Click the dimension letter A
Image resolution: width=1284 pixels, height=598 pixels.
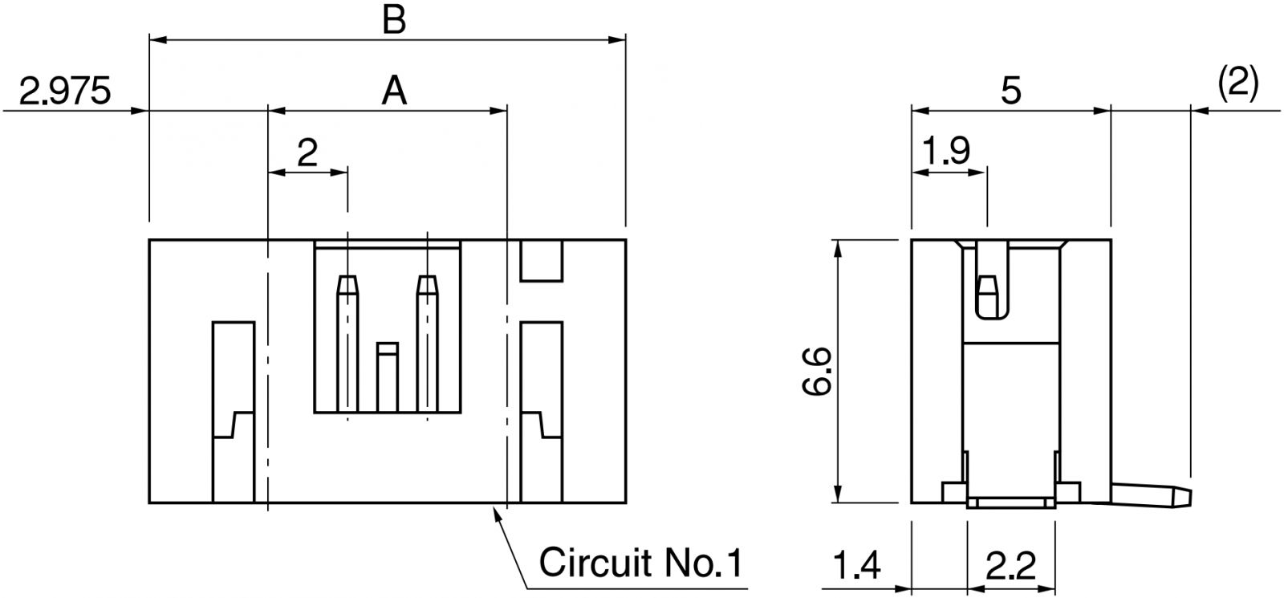click(393, 91)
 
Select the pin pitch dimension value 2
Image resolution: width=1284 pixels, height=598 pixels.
click(307, 152)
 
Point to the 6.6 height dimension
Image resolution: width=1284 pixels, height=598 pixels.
click(816, 372)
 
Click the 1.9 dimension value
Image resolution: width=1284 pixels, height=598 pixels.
click(947, 150)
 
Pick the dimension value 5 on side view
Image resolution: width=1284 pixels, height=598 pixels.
click(1011, 91)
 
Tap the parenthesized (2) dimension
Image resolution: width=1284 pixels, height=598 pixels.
click(1237, 83)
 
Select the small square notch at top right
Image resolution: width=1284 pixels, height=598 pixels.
click(542, 260)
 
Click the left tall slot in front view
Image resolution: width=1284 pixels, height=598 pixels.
click(234, 409)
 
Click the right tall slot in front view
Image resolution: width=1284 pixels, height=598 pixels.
click(542, 409)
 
